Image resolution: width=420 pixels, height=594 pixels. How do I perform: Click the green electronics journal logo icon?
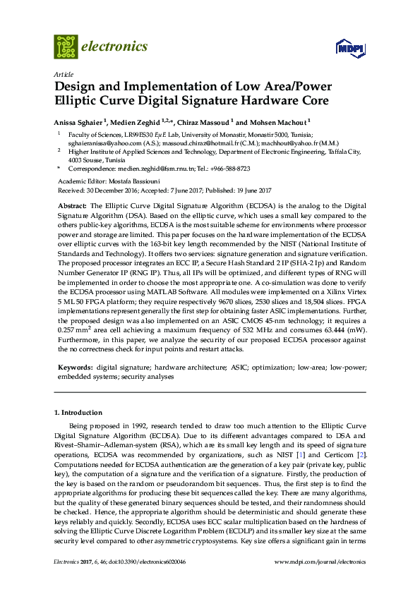pyautogui.click(x=66, y=46)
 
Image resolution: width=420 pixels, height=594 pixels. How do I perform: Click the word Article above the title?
pyautogui.click(x=63, y=74)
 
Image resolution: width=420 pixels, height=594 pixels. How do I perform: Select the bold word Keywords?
pyautogui.click(x=74, y=368)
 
